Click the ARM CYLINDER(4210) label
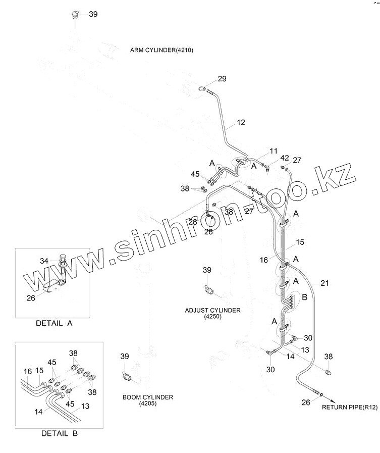[161, 50]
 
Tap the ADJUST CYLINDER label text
[212, 310]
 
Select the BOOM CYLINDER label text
[148, 397]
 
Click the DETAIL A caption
[54, 324]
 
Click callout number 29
[222, 78]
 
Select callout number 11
[274, 150]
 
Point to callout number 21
[324, 283]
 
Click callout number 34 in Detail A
[45, 261]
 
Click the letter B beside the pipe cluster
[304, 297]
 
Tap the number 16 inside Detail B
[27, 371]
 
